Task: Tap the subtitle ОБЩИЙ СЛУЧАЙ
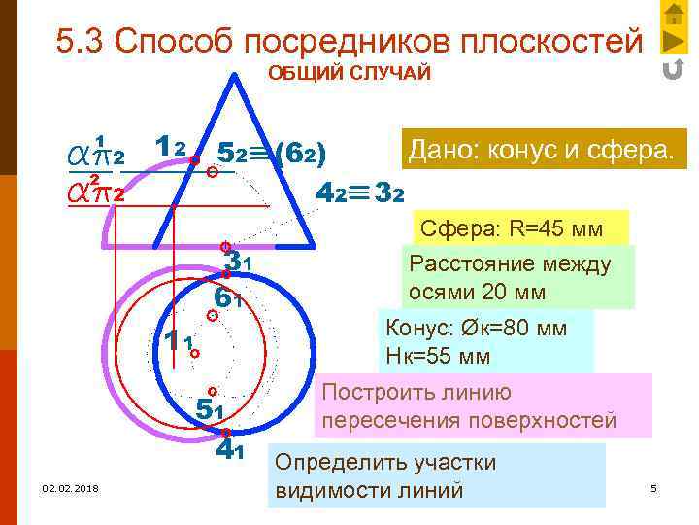[x=349, y=75]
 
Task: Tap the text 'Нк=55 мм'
[x=438, y=356]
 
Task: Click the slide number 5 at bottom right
[x=653, y=487]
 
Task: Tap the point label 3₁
[x=238, y=261]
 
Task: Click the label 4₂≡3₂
[x=360, y=192]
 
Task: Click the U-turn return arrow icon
[x=673, y=70]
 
